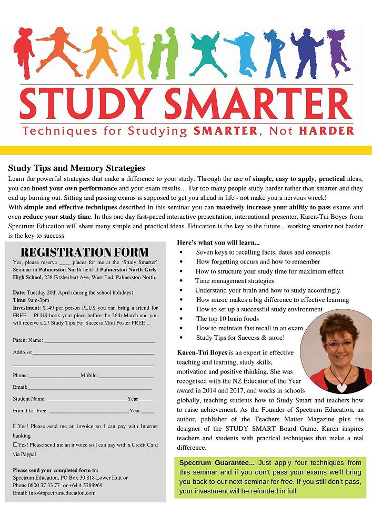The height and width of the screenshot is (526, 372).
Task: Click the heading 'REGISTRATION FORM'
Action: pyautogui.click(x=84, y=252)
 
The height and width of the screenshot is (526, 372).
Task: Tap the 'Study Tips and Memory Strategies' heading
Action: pyautogui.click(x=76, y=168)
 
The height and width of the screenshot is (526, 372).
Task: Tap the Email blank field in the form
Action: pyautogui.click(x=89, y=387)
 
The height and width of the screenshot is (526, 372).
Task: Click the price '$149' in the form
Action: pyautogui.click(x=51, y=308)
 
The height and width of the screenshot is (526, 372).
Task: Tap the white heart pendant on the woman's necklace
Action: pyautogui.click(x=342, y=387)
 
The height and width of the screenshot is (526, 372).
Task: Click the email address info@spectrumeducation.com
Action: pyautogui.click(x=62, y=493)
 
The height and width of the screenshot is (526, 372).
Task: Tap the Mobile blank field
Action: pyautogui.click(x=125, y=376)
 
